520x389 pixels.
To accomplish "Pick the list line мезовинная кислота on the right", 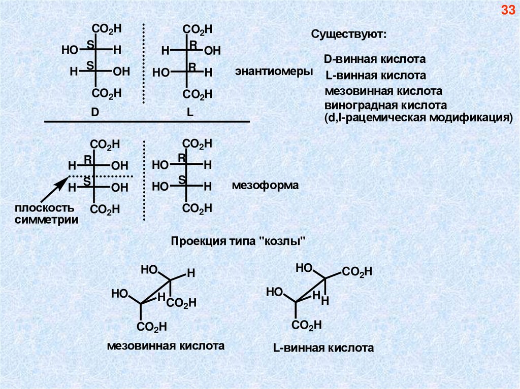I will pyautogui.click(x=383, y=92).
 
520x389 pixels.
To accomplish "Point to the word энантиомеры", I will pyautogui.click(x=273, y=71).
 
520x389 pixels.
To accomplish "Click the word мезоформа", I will pyautogui.click(x=265, y=185).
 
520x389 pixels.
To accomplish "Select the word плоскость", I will pyautogui.click(x=44, y=208).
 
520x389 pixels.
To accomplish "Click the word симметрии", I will pyautogui.click(x=46, y=220).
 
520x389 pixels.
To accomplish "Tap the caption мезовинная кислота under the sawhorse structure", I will pyautogui.click(x=166, y=346).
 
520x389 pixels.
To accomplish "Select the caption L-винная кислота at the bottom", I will pyautogui.click(x=323, y=348).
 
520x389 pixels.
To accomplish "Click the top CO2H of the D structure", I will pyautogui.click(x=107, y=29).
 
